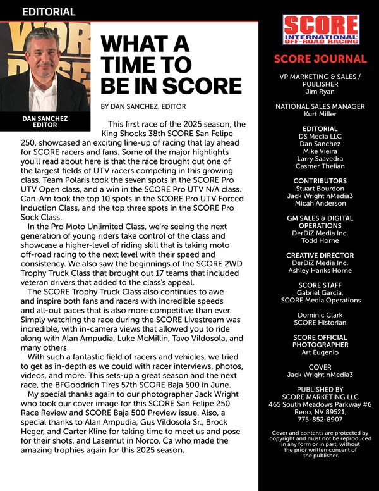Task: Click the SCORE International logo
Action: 320,30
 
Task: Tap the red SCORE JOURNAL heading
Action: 320,59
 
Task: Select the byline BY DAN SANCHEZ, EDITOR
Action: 143,106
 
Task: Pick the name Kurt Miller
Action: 320,115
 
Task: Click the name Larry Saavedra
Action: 320,159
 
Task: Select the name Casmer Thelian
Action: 320,166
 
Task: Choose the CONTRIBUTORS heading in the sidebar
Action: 320,180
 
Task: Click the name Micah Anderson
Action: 320,204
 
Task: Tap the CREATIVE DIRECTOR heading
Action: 320,255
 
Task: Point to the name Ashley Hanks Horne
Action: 320,271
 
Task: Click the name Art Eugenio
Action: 320,352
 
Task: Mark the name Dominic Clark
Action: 320,314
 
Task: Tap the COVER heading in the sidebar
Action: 320,367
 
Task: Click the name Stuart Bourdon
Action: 320,189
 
